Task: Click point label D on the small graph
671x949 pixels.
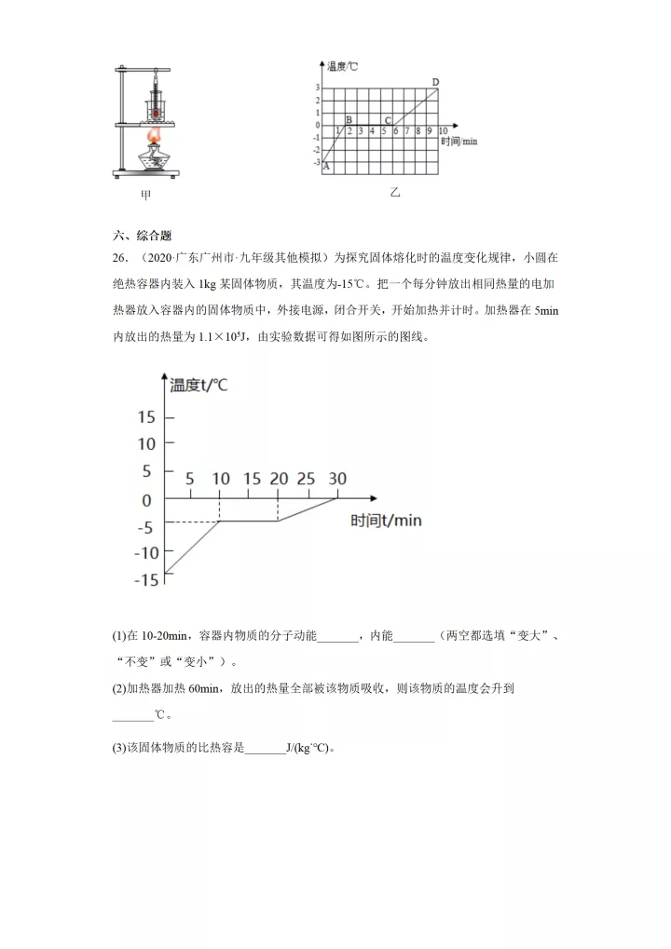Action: tap(436, 83)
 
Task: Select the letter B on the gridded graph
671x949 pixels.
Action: tap(349, 119)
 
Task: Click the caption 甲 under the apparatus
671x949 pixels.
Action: tap(145, 195)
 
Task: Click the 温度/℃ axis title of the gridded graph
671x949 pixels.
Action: tap(343, 67)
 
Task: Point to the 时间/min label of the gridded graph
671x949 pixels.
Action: tap(459, 141)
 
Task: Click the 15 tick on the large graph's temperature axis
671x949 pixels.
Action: tap(147, 416)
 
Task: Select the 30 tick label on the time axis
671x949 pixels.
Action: tap(336, 479)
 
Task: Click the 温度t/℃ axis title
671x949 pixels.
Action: tap(199, 384)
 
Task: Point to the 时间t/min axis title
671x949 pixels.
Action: tap(386, 521)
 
